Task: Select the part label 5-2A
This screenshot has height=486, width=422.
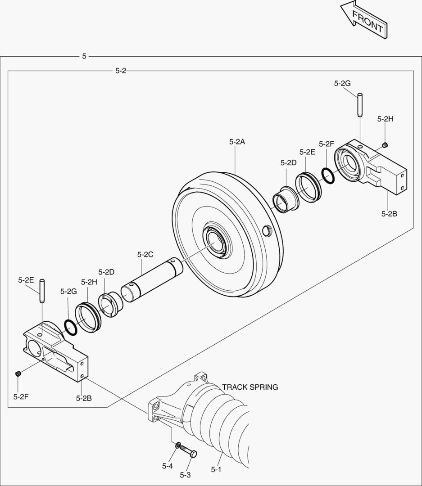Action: pyautogui.click(x=236, y=141)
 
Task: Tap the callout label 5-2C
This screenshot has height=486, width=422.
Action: pyautogui.click(x=145, y=254)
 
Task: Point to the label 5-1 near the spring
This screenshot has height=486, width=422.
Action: pyautogui.click(x=216, y=469)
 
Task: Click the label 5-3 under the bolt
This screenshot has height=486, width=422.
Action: pyautogui.click(x=185, y=475)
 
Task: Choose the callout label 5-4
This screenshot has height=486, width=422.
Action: pyautogui.click(x=167, y=466)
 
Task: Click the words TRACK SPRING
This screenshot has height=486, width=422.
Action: pyautogui.click(x=250, y=387)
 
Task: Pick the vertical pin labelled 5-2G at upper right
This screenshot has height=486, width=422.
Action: pyautogui.click(x=360, y=104)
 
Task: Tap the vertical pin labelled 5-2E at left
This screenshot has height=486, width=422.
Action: pyautogui.click(x=41, y=291)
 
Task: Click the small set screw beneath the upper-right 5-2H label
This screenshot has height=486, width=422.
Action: pyautogui.click(x=385, y=144)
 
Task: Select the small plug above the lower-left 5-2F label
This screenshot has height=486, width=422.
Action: pyautogui.click(x=18, y=373)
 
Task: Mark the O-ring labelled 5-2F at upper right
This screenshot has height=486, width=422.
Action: pyautogui.click(x=328, y=176)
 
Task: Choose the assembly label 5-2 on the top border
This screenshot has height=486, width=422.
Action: pyautogui.click(x=121, y=71)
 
